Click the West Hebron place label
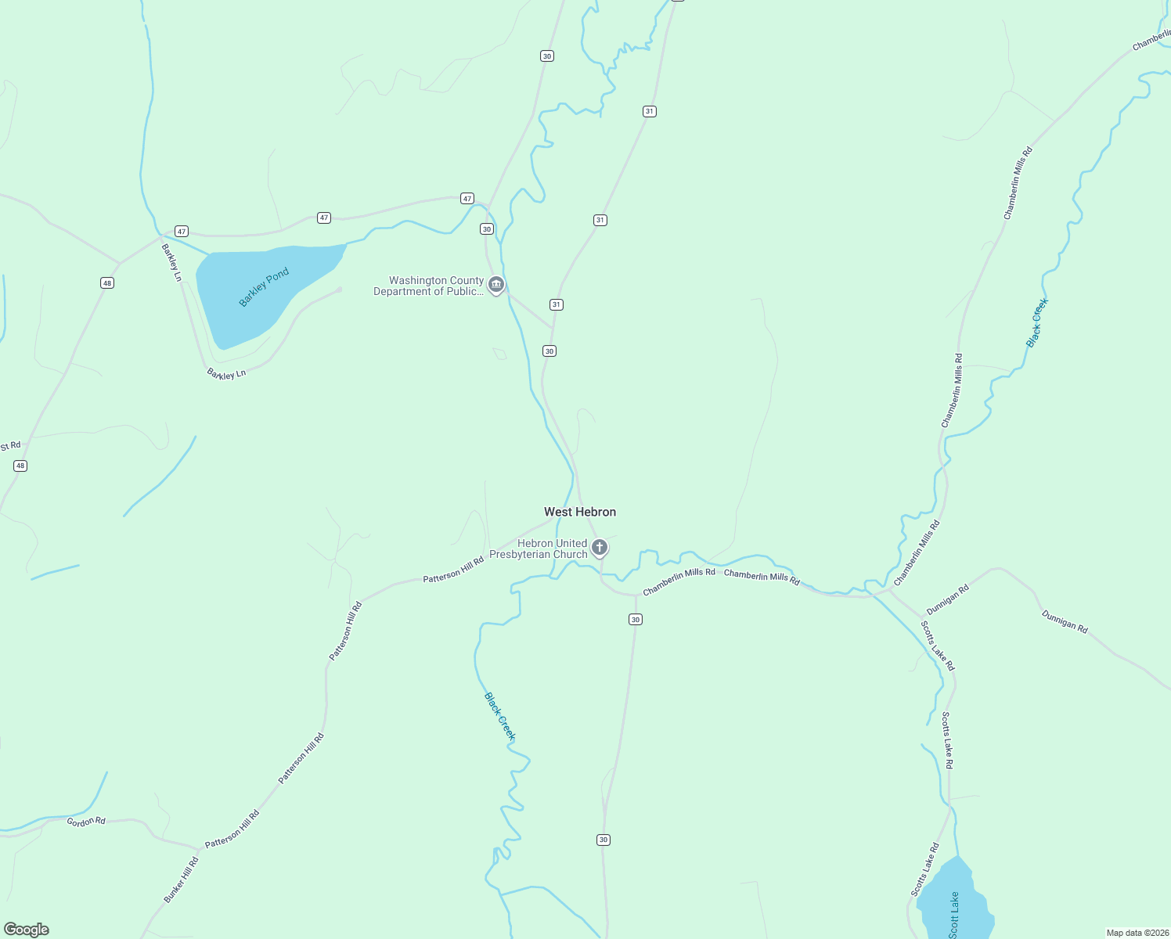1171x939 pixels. click(580, 512)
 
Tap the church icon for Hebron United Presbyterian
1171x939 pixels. click(600, 547)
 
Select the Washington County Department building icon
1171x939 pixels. click(495, 285)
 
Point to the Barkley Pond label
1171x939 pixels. click(264, 287)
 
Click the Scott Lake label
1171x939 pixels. click(953, 915)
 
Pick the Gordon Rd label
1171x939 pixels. click(86, 822)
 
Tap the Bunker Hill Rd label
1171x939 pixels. click(181, 880)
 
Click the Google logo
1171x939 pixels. click(27, 930)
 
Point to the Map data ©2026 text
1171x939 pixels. click(1137, 933)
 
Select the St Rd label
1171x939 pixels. click(11, 446)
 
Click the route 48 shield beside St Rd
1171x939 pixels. click(20, 466)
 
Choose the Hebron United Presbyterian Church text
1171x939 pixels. click(539, 549)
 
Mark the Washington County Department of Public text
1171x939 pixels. click(429, 286)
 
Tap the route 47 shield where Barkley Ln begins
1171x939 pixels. click(182, 231)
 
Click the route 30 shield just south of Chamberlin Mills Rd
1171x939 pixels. click(635, 620)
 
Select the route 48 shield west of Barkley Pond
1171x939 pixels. click(107, 282)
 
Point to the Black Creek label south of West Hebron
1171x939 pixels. click(499, 716)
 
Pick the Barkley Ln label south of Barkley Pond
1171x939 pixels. click(226, 374)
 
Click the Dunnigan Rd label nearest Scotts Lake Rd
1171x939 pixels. click(948, 599)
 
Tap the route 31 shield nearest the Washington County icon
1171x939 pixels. click(556, 304)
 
